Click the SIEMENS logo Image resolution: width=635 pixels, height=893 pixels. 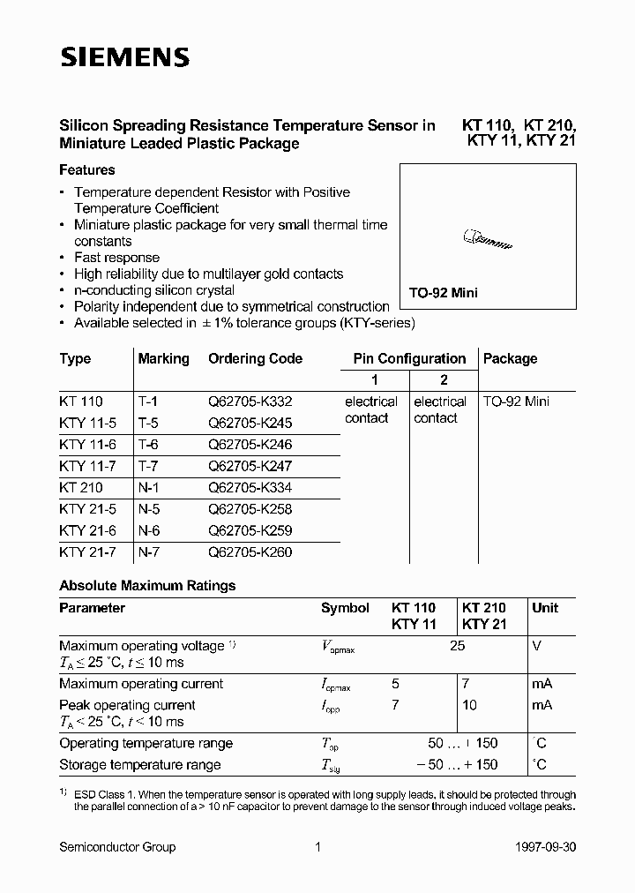(x=124, y=58)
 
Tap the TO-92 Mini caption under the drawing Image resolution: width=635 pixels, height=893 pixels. (x=443, y=293)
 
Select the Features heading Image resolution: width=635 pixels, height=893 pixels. (x=87, y=169)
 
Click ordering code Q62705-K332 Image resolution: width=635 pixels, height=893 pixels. (x=250, y=401)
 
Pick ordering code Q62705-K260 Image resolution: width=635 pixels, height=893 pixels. (x=250, y=552)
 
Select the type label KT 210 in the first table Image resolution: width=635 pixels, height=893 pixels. (x=81, y=487)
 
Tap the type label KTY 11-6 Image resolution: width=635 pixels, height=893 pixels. (x=87, y=445)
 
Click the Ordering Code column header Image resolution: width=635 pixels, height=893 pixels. (x=255, y=358)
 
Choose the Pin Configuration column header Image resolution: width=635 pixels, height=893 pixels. (x=409, y=358)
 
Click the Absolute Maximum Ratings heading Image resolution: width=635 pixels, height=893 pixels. (x=147, y=585)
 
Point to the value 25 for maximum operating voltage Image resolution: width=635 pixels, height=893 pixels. (x=457, y=646)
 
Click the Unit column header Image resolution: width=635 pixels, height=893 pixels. (x=545, y=608)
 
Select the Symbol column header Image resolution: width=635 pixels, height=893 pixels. (x=345, y=608)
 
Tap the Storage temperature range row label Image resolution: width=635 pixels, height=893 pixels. (x=140, y=764)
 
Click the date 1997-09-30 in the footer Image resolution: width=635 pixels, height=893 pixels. (x=545, y=847)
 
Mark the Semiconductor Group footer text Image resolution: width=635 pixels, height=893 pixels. (x=117, y=847)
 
